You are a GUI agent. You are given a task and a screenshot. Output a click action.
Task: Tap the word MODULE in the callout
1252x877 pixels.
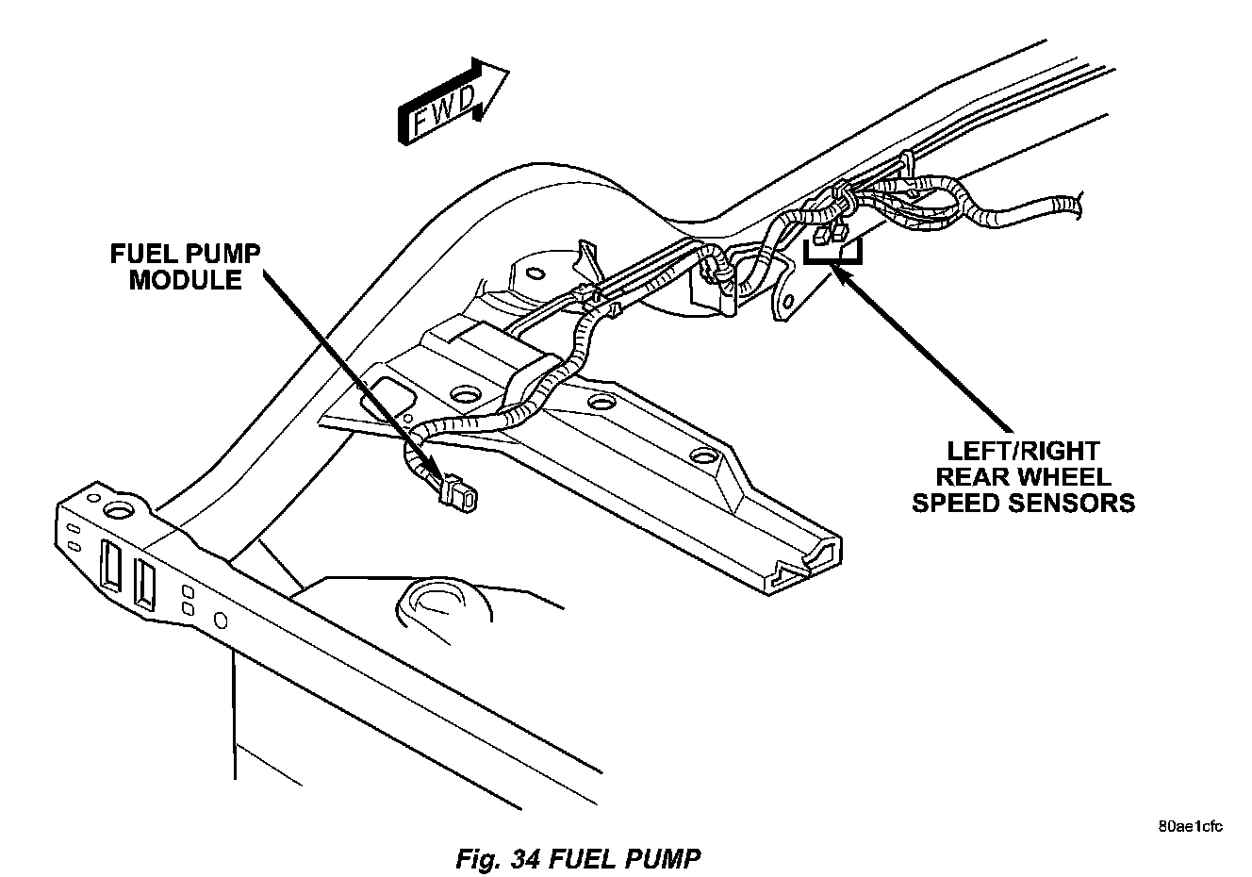pyautogui.click(x=185, y=280)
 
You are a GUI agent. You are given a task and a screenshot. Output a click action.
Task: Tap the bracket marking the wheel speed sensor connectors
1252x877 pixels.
pyautogui.click(x=832, y=254)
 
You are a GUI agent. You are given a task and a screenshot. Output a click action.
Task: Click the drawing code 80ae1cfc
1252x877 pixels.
pyautogui.click(x=1191, y=828)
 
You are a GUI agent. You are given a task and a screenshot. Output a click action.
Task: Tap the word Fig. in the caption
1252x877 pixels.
pyautogui.click(x=478, y=859)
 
